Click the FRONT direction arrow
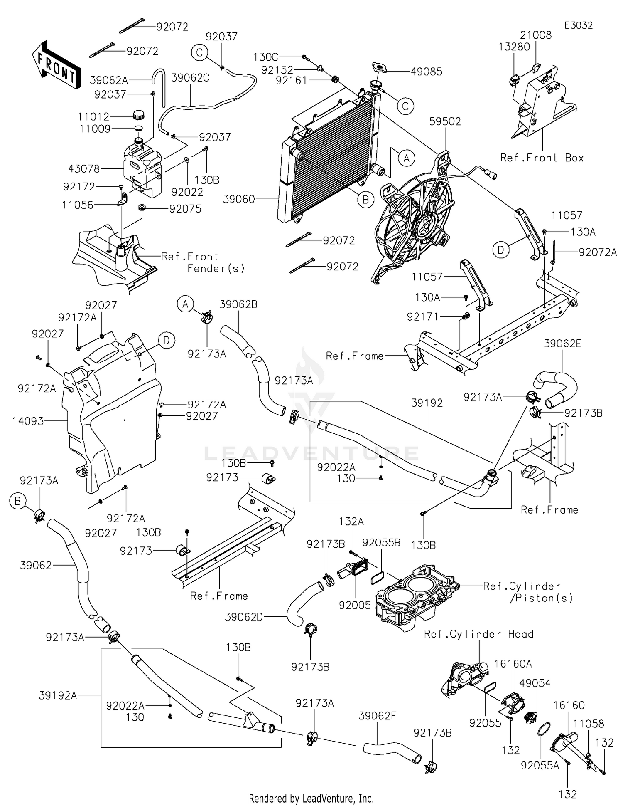[55, 66]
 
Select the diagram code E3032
[578, 25]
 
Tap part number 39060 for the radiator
[239, 199]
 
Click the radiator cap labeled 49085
[379, 67]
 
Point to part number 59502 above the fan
[445, 121]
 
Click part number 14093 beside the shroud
[28, 421]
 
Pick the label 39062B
[238, 304]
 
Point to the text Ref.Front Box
[542, 158]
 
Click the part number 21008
[536, 35]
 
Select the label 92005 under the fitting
[355, 605]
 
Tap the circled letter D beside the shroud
[167, 341]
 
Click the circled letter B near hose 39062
[18, 502]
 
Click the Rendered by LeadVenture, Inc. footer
[311, 798]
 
